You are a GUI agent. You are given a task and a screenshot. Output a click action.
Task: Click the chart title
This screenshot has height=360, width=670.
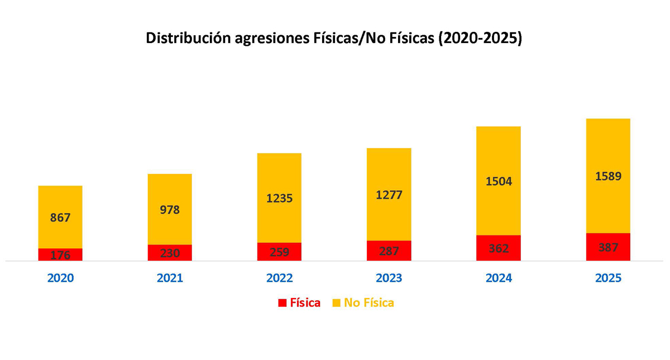click(333, 39)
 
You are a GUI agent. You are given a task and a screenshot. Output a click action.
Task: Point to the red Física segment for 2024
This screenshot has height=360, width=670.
click(498, 248)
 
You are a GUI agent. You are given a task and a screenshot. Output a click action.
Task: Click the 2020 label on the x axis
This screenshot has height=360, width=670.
click(60, 277)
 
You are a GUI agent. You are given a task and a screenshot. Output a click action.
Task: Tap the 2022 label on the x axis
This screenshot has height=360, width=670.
click(279, 277)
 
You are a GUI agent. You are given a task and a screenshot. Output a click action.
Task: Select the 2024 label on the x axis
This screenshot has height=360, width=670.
click(498, 277)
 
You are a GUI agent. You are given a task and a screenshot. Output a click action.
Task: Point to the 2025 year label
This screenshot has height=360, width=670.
click(608, 277)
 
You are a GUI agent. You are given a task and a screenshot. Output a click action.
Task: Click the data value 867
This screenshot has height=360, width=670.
click(60, 218)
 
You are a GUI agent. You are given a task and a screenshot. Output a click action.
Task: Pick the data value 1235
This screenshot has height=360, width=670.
click(279, 199)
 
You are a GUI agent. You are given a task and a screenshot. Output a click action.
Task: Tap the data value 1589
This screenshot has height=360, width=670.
click(608, 176)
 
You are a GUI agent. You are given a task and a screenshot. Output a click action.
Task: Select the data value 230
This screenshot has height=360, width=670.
click(170, 253)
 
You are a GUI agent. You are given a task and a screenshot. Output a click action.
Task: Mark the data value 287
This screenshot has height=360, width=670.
click(389, 251)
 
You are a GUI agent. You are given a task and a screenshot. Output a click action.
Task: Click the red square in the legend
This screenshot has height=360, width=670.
click(282, 303)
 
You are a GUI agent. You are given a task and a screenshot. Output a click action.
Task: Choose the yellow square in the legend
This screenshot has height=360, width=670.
click(336, 303)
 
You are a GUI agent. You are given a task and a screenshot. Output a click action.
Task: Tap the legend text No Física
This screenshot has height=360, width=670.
click(368, 303)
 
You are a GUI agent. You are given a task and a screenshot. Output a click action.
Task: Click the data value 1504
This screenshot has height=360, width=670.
click(498, 181)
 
